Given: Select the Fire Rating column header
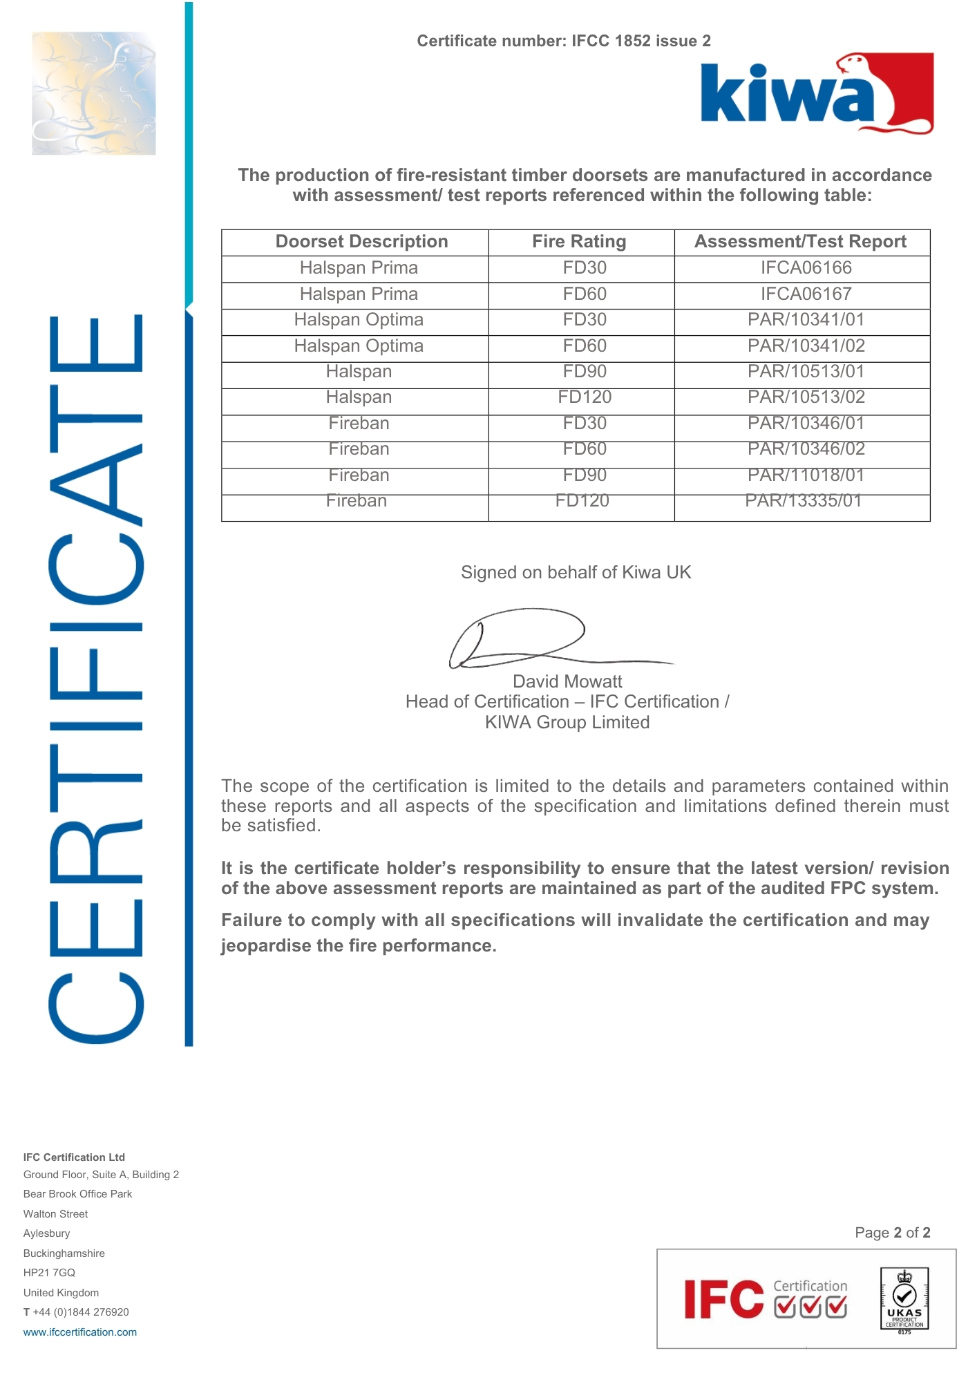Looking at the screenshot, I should point(579,242).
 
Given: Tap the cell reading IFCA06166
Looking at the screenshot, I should point(806,268).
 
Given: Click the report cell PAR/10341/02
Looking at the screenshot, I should point(806,346).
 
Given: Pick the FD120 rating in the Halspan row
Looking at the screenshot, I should point(585,397).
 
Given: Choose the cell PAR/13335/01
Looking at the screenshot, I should point(803,501).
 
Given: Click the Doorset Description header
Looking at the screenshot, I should point(361,242).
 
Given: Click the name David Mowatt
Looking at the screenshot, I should point(567,682).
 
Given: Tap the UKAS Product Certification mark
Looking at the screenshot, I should point(904,1300).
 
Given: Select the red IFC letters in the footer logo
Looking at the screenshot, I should point(723,1300).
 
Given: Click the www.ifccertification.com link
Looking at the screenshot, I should point(80,1332).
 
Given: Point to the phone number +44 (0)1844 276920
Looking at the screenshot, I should point(80,1312).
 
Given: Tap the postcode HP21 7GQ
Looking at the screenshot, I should point(49,1273).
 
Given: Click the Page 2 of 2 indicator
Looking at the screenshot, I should point(892,1233).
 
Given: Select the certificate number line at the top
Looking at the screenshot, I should point(564,41).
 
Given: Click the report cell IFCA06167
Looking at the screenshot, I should point(806,294).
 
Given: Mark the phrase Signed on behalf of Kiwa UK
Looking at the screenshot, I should point(576,573).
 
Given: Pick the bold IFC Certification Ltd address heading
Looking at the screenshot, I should point(74,1157).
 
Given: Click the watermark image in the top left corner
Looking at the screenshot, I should point(94,93).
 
